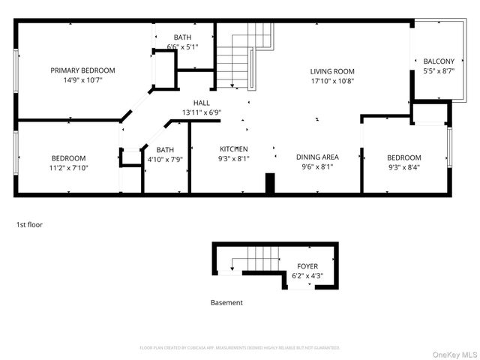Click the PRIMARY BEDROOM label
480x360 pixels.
tap(82, 70)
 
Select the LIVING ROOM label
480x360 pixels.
tap(332, 71)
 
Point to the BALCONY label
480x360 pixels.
tap(438, 61)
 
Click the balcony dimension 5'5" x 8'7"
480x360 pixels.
tap(438, 70)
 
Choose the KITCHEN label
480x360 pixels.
tap(233, 148)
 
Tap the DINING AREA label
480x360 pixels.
tap(317, 157)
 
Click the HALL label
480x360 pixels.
tap(202, 103)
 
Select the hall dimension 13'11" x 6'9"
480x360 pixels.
tap(202, 112)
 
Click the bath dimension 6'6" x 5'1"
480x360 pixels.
tap(182, 46)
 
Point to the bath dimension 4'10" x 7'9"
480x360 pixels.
tap(165, 159)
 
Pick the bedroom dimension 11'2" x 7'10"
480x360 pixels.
tap(68, 168)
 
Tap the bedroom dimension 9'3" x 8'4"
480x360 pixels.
tap(403, 168)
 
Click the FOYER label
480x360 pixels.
tap(307, 266)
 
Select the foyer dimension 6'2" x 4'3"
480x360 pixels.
tap(307, 276)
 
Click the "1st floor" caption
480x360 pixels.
tap(29, 224)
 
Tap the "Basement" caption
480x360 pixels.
tap(226, 303)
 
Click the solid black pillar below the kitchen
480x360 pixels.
tap(271, 184)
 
